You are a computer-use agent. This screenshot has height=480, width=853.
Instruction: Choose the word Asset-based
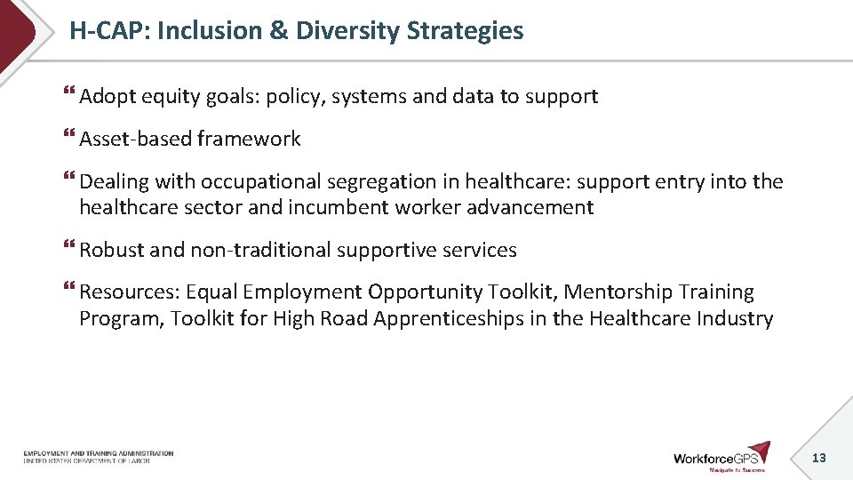(x=135, y=139)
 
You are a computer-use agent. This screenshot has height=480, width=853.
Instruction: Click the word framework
(x=249, y=139)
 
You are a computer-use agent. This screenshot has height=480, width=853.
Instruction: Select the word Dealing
(x=113, y=181)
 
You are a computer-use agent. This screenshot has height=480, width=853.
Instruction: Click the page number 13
(x=818, y=458)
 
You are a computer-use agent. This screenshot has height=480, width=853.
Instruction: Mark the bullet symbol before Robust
(x=69, y=248)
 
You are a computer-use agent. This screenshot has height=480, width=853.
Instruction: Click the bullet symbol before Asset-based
(x=69, y=137)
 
